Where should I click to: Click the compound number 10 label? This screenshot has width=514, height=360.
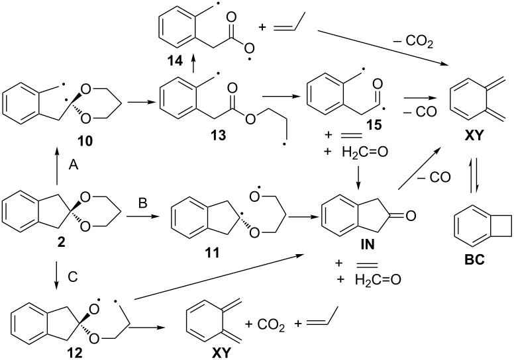[x=85, y=142]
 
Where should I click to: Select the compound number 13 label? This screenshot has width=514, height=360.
[x=219, y=135]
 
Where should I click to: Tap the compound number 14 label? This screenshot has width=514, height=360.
[x=175, y=61]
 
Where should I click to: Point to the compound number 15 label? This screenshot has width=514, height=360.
[x=374, y=125]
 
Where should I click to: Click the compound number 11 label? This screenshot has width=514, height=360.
[x=212, y=253]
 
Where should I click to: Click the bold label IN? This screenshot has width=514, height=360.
[x=367, y=245]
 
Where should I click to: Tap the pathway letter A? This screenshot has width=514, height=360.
[x=74, y=165]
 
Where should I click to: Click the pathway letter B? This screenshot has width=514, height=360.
[x=143, y=203]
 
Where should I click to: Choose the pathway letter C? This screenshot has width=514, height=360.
[x=72, y=277]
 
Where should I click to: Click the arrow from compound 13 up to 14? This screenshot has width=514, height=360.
[x=193, y=64]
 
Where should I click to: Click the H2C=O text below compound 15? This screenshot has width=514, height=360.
[x=365, y=152]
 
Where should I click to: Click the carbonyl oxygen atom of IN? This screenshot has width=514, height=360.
[x=411, y=216]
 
